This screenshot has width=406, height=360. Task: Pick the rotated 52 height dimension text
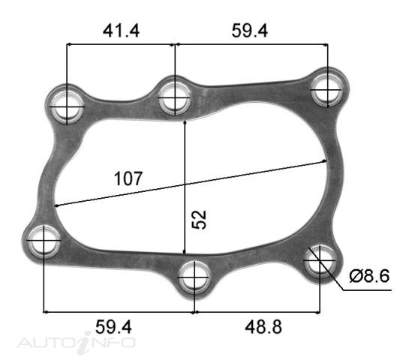199,219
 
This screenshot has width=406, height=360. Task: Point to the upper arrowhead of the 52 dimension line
185,120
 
